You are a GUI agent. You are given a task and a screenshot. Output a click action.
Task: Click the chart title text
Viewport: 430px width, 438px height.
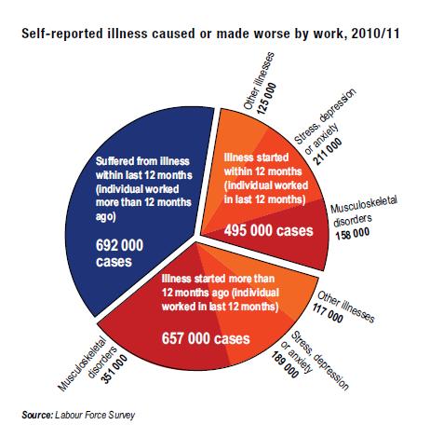point(210,34)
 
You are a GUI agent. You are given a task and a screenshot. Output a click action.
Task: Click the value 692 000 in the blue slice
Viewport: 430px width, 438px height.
point(119,245)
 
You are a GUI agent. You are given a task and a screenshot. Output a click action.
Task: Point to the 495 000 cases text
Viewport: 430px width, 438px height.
point(269,230)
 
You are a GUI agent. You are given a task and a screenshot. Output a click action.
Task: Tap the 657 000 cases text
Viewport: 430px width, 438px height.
point(206,338)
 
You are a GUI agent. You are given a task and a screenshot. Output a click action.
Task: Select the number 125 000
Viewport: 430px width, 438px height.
point(267,98)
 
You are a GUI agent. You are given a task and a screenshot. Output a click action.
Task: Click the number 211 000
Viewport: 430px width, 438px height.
point(329,151)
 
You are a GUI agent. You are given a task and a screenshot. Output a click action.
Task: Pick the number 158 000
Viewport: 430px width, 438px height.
point(353,233)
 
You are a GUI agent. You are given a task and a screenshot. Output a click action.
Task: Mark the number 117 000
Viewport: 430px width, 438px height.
point(328,313)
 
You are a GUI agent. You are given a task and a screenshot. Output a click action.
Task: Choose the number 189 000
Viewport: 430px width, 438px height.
point(285,364)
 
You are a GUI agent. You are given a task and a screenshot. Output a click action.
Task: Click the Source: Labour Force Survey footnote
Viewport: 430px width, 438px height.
point(78,415)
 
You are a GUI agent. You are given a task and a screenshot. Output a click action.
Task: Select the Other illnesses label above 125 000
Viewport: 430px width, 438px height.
point(259,81)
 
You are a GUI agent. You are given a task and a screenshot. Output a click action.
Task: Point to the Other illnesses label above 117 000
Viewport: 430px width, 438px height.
point(346,307)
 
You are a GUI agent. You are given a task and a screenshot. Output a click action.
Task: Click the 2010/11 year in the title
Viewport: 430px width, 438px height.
point(375,34)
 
